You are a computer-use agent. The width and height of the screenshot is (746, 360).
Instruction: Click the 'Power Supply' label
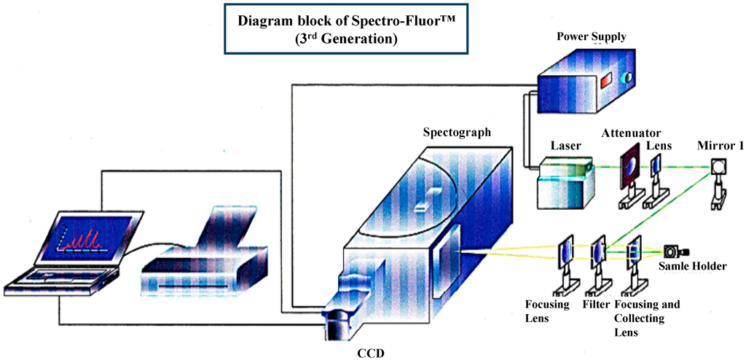pyautogui.click(x=591, y=36)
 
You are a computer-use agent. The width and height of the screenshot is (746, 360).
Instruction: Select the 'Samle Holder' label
pyautogui.click(x=693, y=267)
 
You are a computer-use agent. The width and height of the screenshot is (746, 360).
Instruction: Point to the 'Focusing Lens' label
pyautogui.click(x=547, y=310)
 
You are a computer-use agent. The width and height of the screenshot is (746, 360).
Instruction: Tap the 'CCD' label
pyautogui.click(x=370, y=353)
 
